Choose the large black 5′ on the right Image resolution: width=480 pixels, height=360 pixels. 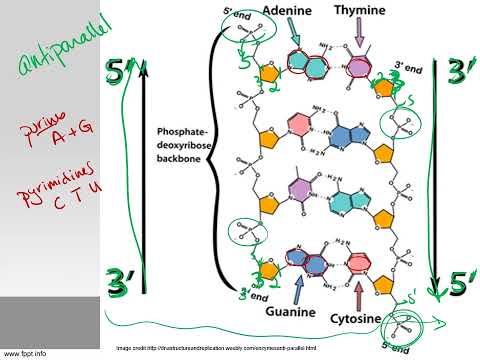[x=460, y=283]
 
